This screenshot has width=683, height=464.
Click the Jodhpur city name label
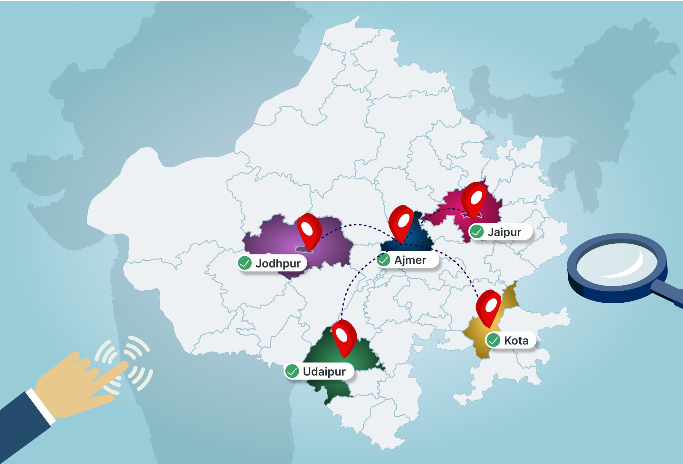[278, 263]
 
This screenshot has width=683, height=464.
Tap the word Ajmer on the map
[410, 260]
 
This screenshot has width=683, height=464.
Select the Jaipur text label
[504, 232]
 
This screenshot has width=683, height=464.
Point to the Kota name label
[516, 340]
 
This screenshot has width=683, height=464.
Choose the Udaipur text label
[324, 372]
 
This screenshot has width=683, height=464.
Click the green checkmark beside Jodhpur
[245, 263]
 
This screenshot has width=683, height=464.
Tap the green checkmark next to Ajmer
[383, 260]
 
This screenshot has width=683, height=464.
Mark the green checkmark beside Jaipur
[477, 232]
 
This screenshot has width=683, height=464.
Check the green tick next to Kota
[493, 340]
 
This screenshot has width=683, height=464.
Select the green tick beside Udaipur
[292, 371]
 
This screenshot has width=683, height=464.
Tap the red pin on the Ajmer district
[401, 222]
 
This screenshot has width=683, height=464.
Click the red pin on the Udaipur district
[343, 336]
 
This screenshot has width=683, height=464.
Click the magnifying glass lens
[615, 261]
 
